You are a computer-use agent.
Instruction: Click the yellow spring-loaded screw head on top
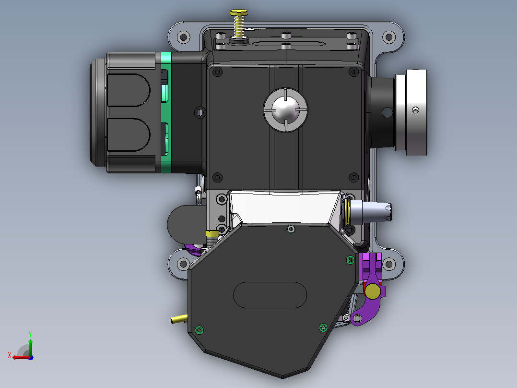pos(239,12)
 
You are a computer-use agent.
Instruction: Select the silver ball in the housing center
pos(285,110)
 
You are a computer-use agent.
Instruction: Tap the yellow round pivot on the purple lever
pos(372,291)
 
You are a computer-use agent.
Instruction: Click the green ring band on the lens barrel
pos(166,112)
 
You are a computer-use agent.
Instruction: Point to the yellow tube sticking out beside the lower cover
pos(179,319)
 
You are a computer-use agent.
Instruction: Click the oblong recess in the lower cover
pos(270,295)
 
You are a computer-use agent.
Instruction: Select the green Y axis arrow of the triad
pos(30,346)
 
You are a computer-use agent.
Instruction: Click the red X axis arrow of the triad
pos(22,357)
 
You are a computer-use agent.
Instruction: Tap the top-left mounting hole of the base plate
pos(183,36)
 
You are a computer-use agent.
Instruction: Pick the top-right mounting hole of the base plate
pos(389,36)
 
